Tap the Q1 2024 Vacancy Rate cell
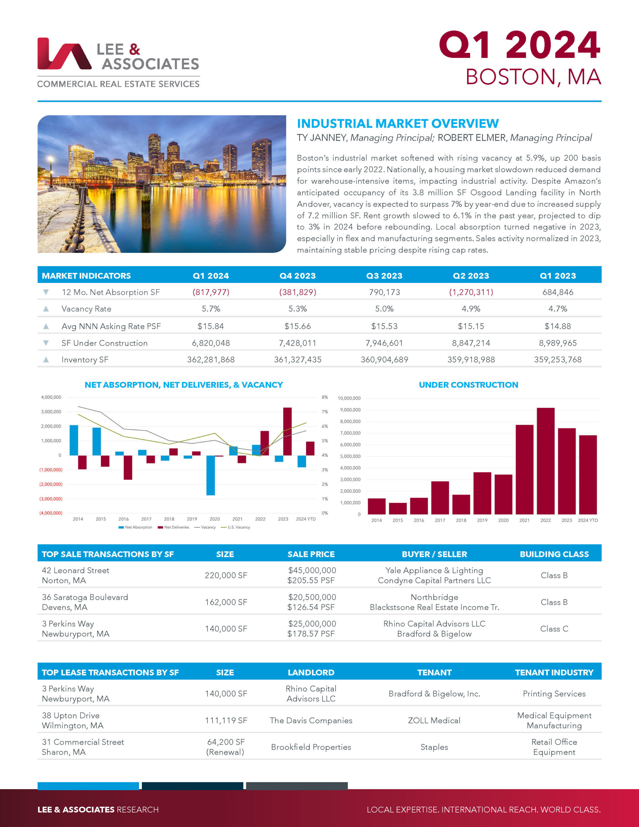point(211,309)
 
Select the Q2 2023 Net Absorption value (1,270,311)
point(471,292)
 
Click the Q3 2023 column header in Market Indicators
point(384,276)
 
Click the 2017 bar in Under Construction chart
point(440,497)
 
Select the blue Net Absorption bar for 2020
point(211,475)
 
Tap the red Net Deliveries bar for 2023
point(288,431)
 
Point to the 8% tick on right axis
point(325,397)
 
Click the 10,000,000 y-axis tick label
point(349,398)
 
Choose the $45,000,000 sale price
point(312,570)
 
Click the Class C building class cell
point(554,629)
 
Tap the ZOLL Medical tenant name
point(434,720)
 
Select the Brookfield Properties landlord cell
point(311,747)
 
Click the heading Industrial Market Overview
point(397,123)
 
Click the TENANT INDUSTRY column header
point(554,673)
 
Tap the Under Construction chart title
point(468,385)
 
